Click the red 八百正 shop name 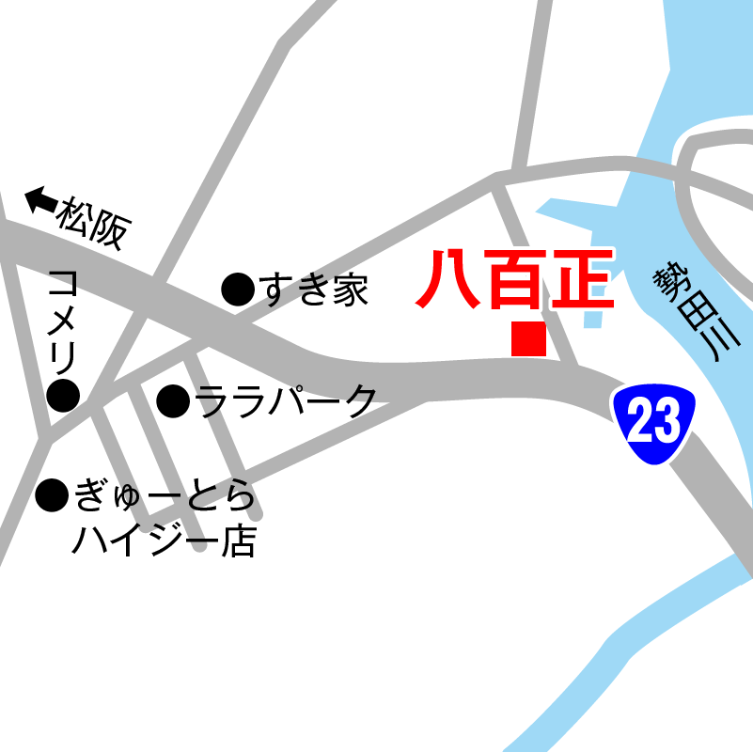[x=515, y=280]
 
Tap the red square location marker [x=528, y=338]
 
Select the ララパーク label [x=286, y=401]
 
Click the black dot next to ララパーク [x=173, y=401]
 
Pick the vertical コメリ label [x=63, y=321]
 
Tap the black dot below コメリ [x=63, y=396]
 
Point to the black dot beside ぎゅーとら [x=52, y=494]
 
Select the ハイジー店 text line [x=164, y=540]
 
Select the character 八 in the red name [x=449, y=280]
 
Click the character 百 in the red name [x=515, y=280]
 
